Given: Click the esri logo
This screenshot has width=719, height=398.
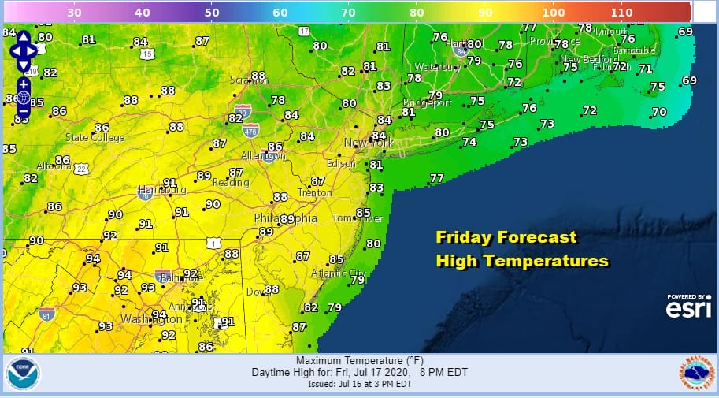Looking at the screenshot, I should [x=688, y=307].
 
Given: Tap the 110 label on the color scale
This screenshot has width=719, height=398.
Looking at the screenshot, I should [x=621, y=13].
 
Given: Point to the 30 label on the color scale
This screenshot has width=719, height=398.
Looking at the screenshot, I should [x=75, y=13].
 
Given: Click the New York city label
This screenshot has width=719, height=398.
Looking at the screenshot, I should [x=369, y=143].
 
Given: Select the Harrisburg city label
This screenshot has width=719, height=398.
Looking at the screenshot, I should [x=161, y=190].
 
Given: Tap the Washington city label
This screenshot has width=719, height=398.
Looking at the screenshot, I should [x=151, y=319].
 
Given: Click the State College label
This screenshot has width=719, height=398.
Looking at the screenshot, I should [x=95, y=137].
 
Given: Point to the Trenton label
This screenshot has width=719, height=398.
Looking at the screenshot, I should [x=315, y=193].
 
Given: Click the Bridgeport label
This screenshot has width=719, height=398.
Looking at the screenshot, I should [x=427, y=102].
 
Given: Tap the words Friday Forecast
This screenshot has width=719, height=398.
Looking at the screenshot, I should [x=506, y=237].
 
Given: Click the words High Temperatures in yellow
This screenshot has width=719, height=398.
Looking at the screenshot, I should [x=522, y=261].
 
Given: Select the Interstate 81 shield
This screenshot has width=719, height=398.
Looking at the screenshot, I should [x=46, y=314].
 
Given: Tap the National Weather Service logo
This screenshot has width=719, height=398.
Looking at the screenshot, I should [x=696, y=374].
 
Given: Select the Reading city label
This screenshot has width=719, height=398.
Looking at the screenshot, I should [x=230, y=183].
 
